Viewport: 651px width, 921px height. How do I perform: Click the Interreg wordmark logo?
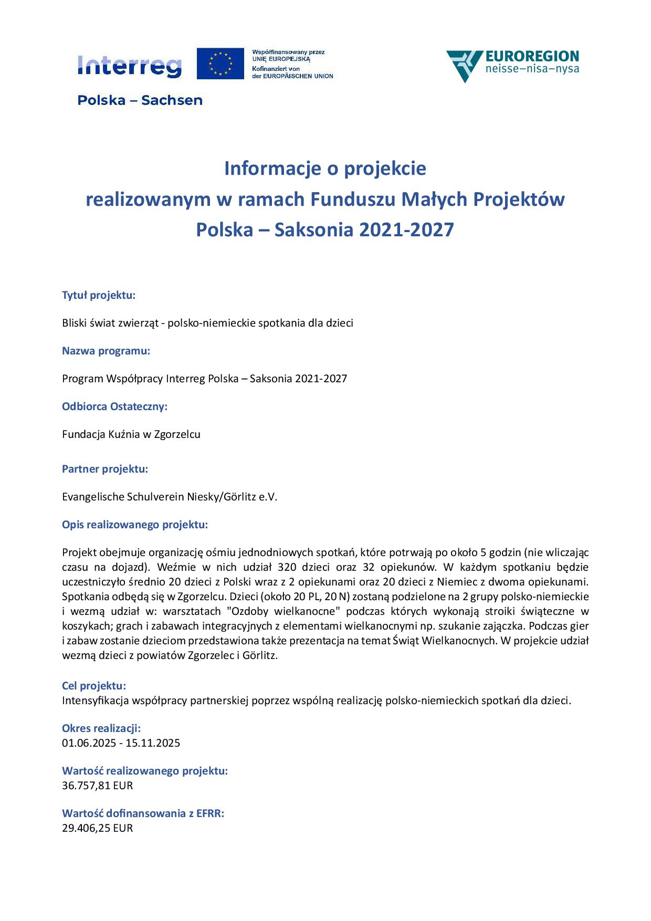pyautogui.click(x=129, y=66)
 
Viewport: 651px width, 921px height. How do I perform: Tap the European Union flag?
pyautogui.click(x=220, y=64)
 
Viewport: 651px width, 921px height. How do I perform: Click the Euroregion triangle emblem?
pyautogui.click(x=464, y=65)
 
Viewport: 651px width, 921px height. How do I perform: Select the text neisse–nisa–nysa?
pyautogui.click(x=532, y=69)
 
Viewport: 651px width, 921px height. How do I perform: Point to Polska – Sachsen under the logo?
pyautogui.click(x=140, y=100)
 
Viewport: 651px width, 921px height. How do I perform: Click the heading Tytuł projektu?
pyautogui.click(x=99, y=295)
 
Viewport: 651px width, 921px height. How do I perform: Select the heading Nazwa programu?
pyautogui.click(x=106, y=351)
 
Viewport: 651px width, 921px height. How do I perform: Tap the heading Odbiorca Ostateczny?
pyautogui.click(x=114, y=406)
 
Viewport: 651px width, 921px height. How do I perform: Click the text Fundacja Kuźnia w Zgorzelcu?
pyautogui.click(x=131, y=434)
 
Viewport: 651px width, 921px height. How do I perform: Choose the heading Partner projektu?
pyautogui.click(x=105, y=469)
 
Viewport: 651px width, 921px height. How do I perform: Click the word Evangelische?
pyautogui.click(x=93, y=497)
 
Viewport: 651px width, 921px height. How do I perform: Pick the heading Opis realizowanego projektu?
pyautogui.click(x=135, y=525)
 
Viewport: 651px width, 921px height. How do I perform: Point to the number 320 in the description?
pyautogui.click(x=288, y=567)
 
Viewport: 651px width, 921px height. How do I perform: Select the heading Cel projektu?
pyautogui.click(x=94, y=686)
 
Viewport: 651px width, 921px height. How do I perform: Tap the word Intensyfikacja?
pyautogui.click(x=96, y=700)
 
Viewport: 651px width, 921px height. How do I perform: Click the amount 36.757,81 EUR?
pyautogui.click(x=98, y=786)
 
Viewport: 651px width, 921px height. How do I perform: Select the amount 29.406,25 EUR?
pyautogui.click(x=98, y=828)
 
